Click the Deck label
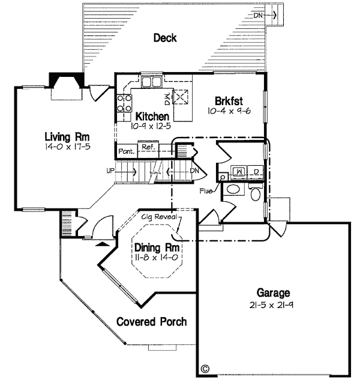[x=165, y=38]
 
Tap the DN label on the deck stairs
[x=257, y=15]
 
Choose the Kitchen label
[x=152, y=117]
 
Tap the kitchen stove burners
[x=124, y=103]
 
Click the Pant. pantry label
[x=125, y=151]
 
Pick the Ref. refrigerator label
[x=146, y=146]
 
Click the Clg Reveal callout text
[x=159, y=216]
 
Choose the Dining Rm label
[x=152, y=247]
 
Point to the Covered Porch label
[x=151, y=321]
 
